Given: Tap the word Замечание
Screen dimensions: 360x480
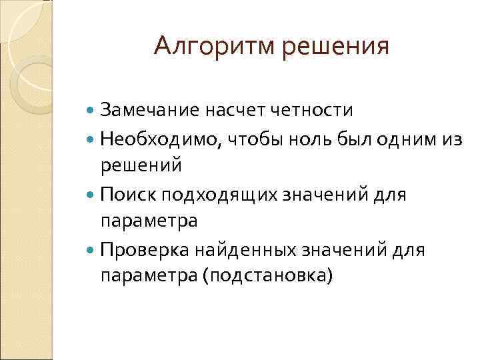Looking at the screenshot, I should pos(141,109).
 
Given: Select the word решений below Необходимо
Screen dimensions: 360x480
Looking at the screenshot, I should pos(141,165).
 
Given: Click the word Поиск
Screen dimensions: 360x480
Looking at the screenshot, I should pos(124,194).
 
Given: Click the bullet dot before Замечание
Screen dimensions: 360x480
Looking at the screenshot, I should pos(91,109).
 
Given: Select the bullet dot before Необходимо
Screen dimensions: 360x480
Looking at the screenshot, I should pos(91,139).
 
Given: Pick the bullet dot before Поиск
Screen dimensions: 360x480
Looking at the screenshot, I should pos(91,195).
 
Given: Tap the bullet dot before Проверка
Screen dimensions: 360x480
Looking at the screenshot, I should pos(91,250).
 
